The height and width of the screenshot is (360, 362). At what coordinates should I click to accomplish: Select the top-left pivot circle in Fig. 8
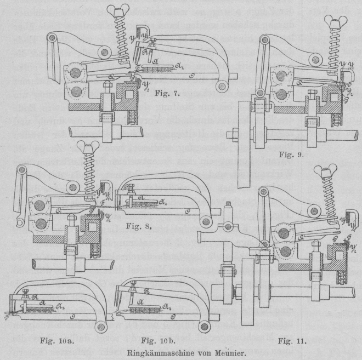tap(22, 171)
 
